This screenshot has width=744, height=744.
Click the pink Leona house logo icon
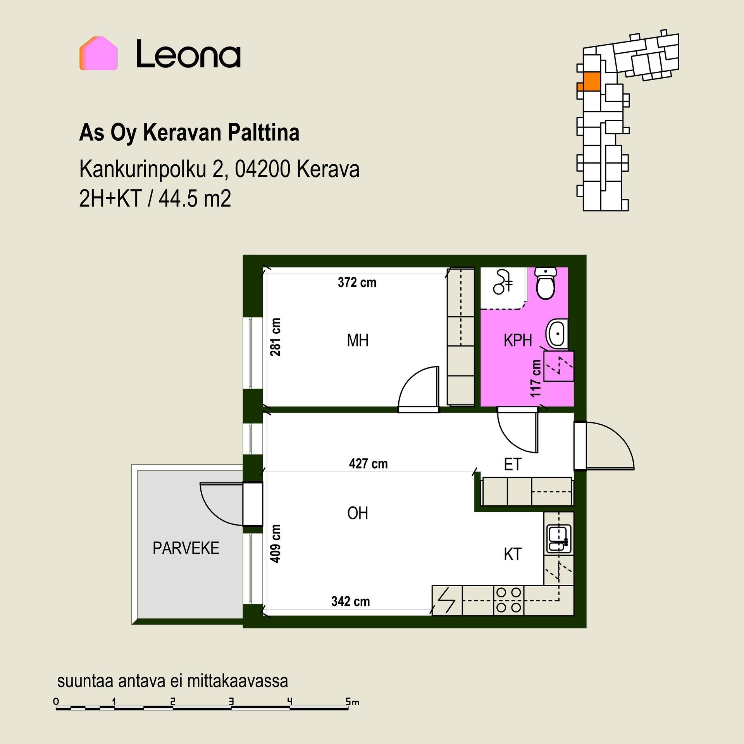tap(98, 53)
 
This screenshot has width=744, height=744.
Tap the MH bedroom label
tap(357, 341)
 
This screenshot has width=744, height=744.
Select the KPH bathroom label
tap(518, 341)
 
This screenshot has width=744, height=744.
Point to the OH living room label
tap(357, 513)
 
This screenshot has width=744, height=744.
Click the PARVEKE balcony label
tap(186, 548)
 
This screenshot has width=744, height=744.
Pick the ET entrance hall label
tap(513, 464)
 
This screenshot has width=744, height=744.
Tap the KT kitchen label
tap(513, 555)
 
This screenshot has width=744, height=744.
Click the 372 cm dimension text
tap(357, 282)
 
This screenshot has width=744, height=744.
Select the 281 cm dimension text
tap(276, 337)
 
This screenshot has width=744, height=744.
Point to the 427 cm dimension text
tap(368, 463)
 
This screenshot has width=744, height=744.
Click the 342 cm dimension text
tap(350, 601)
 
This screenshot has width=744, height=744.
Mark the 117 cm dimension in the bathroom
tap(536, 379)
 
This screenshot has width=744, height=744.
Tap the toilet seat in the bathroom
tap(546, 284)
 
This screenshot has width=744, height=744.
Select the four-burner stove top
tap(508, 600)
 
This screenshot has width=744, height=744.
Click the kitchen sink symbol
tap(558, 538)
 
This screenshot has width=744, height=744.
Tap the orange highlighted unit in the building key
tap(589, 82)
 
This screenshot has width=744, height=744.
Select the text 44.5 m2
tap(195, 199)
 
